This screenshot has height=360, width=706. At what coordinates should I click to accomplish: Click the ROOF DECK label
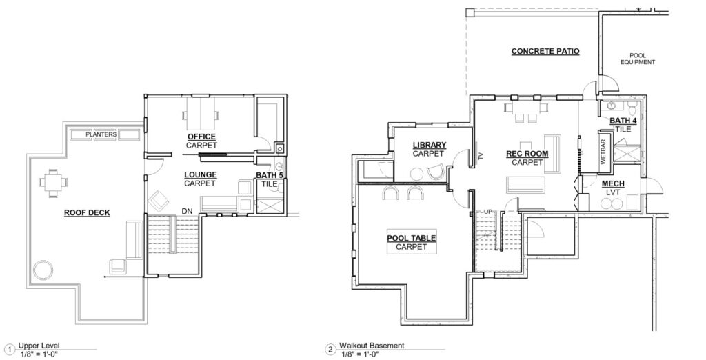click(87, 212)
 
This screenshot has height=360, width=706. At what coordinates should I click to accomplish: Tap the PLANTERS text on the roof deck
click(101, 134)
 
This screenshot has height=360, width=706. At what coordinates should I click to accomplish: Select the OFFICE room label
click(201, 137)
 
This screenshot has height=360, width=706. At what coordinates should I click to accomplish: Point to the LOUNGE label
click(201, 174)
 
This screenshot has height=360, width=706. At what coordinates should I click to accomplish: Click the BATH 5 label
click(270, 175)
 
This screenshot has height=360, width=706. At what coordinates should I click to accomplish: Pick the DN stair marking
click(187, 211)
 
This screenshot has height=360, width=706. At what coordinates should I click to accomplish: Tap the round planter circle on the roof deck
click(43, 270)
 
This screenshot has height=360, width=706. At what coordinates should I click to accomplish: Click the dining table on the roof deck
click(54, 183)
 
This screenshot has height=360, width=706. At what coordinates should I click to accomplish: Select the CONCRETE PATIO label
click(545, 51)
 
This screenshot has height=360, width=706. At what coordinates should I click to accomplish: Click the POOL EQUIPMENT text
click(638, 59)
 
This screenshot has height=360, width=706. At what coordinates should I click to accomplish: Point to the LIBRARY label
click(430, 145)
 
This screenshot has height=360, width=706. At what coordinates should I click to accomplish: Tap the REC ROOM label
click(527, 154)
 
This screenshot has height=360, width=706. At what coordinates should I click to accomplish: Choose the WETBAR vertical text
click(603, 153)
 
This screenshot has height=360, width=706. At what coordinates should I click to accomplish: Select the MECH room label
click(613, 184)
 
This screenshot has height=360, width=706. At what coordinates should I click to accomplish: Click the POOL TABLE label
click(411, 239)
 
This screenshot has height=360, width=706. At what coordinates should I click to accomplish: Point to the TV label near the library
click(481, 157)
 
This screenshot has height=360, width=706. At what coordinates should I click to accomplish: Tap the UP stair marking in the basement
click(488, 212)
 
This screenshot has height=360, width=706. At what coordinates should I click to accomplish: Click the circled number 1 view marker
click(9, 349)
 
